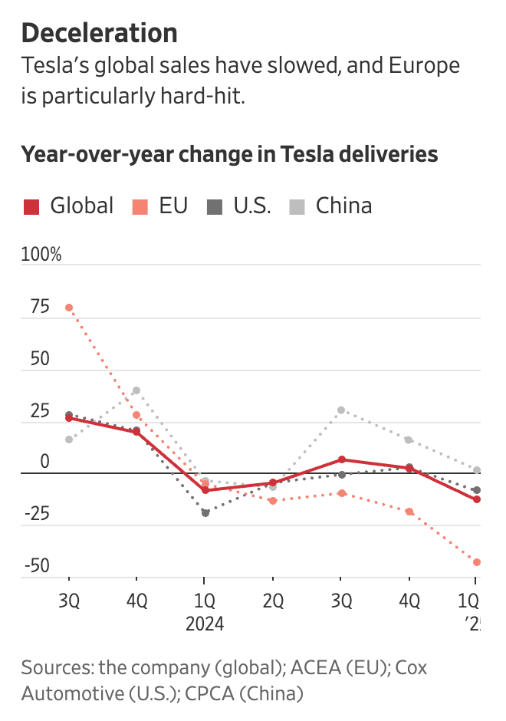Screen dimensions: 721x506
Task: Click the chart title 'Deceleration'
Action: point(100,33)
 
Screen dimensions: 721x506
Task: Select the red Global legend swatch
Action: point(31,206)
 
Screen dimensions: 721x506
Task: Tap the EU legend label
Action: point(173,206)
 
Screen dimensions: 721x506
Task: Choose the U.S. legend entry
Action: point(251,206)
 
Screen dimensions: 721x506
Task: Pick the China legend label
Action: point(343,206)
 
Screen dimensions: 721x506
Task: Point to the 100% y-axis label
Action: point(41,254)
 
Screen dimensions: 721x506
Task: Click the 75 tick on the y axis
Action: point(40,307)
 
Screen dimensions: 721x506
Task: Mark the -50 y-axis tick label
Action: point(37,566)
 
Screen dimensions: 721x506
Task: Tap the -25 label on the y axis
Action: point(37,513)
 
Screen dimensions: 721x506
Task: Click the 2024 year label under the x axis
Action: point(204,624)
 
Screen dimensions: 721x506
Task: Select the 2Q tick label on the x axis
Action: point(272,600)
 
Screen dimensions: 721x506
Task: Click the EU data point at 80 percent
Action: point(69,308)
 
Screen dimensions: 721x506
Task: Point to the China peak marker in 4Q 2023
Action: point(136,390)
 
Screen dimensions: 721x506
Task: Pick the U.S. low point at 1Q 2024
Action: point(205,513)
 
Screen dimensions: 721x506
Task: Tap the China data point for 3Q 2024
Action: point(341,410)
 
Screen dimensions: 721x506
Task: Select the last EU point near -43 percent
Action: point(477,562)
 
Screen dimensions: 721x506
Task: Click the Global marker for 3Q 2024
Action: point(341,459)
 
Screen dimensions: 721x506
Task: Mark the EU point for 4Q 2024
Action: point(409,512)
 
